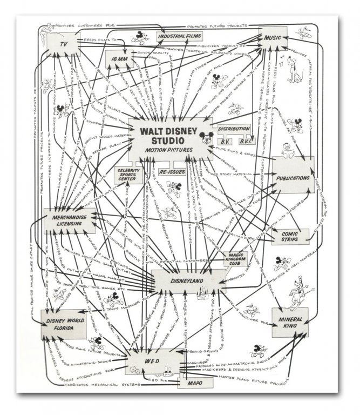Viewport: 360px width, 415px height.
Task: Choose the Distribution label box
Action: tap(234, 129)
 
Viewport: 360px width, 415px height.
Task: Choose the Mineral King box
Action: tap(290, 322)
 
